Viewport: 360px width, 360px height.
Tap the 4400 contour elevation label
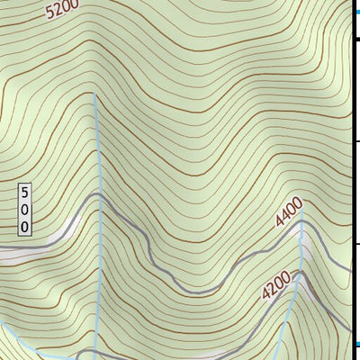pos(289,214)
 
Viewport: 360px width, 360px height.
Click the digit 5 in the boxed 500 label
pos(25,193)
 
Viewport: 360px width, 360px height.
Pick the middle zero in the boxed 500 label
pos(25,210)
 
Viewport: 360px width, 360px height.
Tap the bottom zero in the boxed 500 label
pos(25,226)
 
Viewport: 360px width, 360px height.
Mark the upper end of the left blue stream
pos(95,94)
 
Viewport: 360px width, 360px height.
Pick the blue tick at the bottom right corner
pos(355,344)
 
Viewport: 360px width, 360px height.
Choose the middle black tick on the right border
pos(355,141)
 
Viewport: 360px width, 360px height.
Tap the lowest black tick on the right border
pos(355,243)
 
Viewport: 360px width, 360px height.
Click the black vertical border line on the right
pos(352,180)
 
